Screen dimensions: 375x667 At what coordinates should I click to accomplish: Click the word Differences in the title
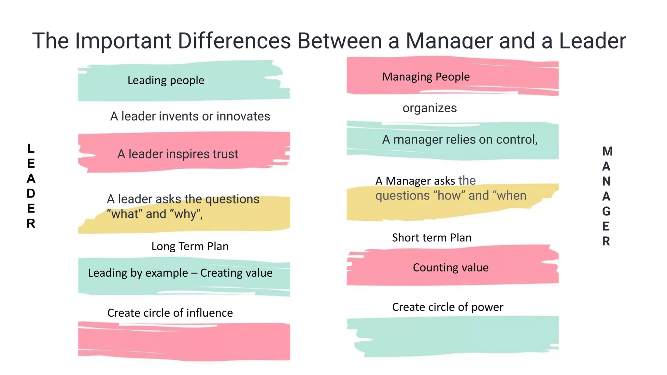click(234, 41)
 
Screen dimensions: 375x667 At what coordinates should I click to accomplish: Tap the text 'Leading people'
click(166, 80)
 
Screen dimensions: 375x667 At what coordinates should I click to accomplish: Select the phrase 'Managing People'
click(426, 77)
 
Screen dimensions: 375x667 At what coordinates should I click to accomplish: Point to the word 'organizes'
click(430, 108)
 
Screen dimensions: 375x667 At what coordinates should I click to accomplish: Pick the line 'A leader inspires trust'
click(177, 154)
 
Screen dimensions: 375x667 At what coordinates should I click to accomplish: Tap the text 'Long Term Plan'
click(190, 246)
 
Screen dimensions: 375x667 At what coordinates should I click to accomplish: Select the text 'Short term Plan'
click(432, 238)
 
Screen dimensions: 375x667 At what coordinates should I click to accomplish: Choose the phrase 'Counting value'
click(450, 268)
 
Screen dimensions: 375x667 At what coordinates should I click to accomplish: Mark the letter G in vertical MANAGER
click(606, 211)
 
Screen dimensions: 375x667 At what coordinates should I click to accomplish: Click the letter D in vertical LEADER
click(31, 193)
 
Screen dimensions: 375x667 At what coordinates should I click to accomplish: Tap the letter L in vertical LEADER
click(31, 148)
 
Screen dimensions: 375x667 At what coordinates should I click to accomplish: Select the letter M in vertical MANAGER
click(607, 151)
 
